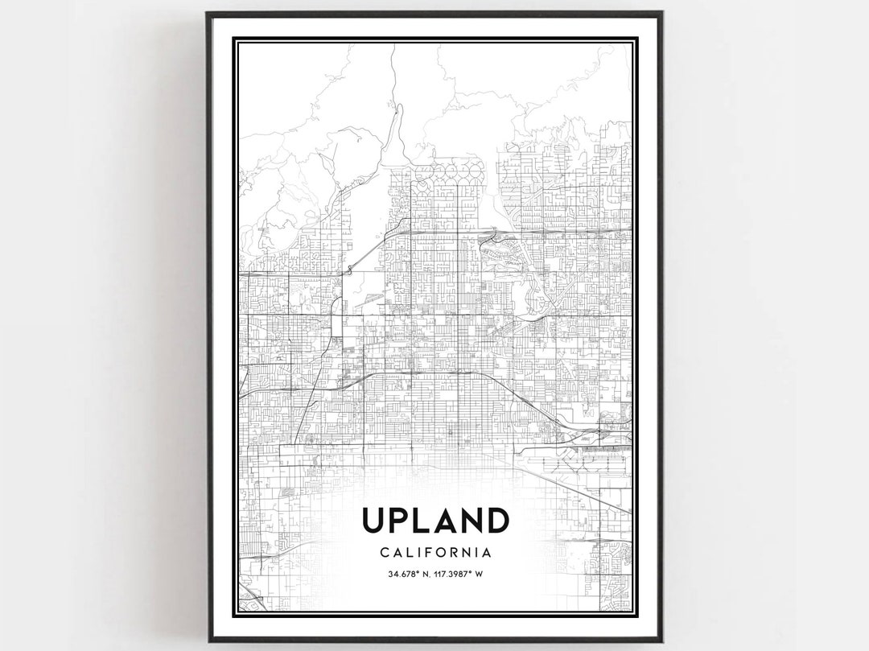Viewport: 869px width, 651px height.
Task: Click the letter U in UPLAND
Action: point(375,521)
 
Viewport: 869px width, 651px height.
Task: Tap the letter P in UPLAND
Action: point(402,521)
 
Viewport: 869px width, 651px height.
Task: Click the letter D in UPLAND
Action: point(498,521)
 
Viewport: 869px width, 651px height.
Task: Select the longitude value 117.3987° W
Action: point(459,575)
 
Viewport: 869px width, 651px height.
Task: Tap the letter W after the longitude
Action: point(479,575)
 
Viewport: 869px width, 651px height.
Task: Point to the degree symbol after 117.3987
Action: point(471,572)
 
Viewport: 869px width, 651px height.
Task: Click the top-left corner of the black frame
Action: point(208,13)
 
